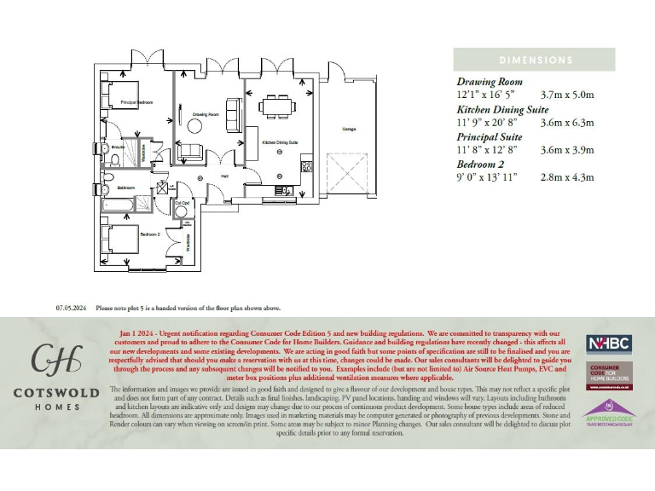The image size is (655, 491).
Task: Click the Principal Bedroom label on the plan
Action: click(x=136, y=102)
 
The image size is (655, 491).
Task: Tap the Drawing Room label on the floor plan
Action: click(x=205, y=113)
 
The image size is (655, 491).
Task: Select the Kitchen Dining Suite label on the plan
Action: click(x=280, y=142)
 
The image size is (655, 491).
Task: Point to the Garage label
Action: click(x=349, y=130)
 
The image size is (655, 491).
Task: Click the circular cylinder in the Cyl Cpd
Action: click(x=180, y=212)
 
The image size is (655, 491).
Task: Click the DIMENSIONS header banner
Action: click(x=536, y=60)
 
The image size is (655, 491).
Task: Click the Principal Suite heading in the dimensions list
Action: click(x=489, y=136)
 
